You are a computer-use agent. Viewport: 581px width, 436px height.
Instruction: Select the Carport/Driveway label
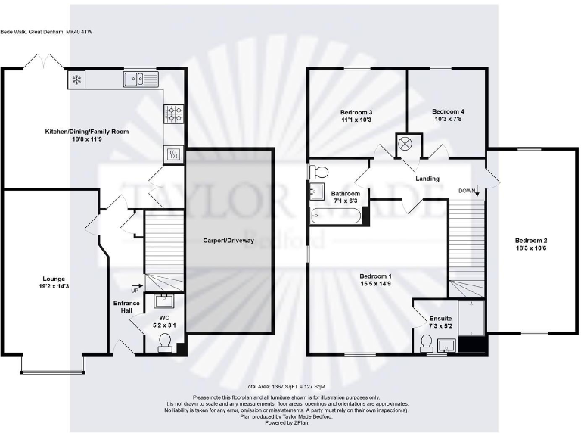pos(228,241)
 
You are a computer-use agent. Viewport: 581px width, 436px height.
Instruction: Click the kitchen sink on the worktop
pos(137,78)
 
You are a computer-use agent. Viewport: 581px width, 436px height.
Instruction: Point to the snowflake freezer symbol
pos(76,79)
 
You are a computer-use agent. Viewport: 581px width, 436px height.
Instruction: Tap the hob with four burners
pos(173,114)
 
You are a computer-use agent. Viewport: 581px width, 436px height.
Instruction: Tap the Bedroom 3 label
pos(356,112)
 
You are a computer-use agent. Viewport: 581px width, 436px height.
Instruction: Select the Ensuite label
pos(440,319)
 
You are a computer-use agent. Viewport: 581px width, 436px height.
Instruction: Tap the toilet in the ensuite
pos(427,344)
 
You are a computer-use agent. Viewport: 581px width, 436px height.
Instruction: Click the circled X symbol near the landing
pos(405,143)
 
